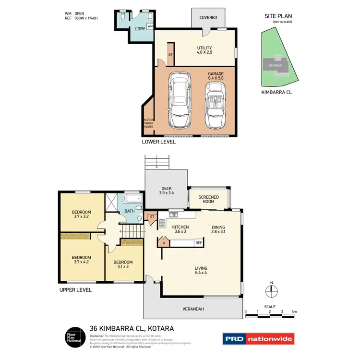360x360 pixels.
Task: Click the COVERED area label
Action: click(208, 18)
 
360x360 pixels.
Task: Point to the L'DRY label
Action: click(139, 29)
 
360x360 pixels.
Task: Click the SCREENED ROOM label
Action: click(209, 200)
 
